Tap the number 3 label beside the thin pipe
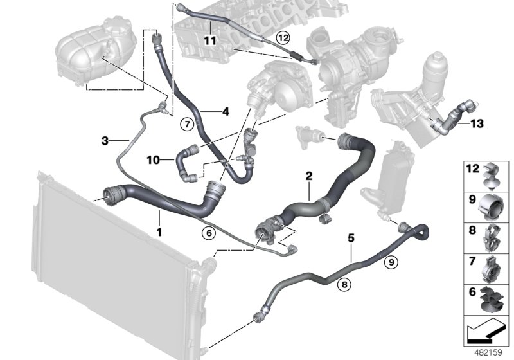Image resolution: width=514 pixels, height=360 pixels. click(105, 139)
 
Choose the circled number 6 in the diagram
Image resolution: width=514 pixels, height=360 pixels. click(207, 233)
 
